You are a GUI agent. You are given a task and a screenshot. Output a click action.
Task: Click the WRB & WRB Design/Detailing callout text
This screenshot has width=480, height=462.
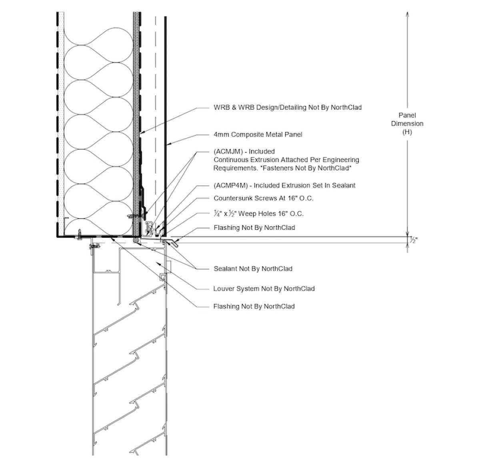[288, 107]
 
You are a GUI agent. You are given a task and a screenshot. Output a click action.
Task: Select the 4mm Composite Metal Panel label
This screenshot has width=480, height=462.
[258, 135]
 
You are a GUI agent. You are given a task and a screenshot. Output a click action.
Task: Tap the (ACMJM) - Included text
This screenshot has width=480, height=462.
[244, 151]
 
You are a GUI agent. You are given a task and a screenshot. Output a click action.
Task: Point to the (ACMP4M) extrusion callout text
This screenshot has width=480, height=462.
[284, 185]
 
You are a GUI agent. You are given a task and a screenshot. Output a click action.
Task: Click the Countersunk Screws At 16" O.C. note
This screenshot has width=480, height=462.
[263, 198]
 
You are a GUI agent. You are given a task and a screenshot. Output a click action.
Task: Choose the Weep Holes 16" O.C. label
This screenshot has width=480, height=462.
[258, 213]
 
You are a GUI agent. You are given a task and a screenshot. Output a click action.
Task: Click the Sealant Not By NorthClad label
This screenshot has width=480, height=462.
[253, 269]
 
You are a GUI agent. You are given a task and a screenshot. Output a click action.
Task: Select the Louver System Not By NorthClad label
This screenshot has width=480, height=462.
[264, 289]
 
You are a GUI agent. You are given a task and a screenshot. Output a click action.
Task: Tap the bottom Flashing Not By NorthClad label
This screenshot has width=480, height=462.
[254, 306]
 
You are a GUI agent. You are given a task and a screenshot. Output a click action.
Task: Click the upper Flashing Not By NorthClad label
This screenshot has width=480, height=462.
[254, 227]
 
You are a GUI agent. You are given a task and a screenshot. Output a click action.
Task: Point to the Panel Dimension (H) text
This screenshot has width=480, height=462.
[407, 123]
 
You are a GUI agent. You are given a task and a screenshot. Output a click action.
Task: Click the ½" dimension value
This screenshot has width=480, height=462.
[413, 240]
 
